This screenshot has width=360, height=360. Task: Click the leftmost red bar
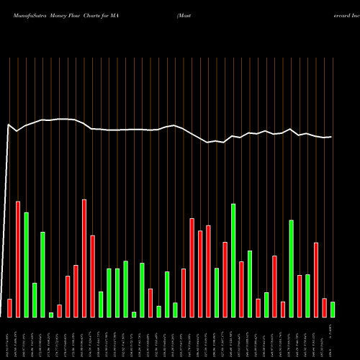[x=9, y=308]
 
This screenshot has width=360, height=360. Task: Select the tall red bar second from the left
[x=18, y=259]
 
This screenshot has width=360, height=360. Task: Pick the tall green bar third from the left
[x=26, y=265]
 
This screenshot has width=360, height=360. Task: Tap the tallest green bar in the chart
[x=233, y=261]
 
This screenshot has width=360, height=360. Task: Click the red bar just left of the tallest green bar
[x=225, y=279]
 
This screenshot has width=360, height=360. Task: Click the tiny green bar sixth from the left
[x=51, y=315]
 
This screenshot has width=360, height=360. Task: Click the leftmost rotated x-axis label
[x=8, y=338]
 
